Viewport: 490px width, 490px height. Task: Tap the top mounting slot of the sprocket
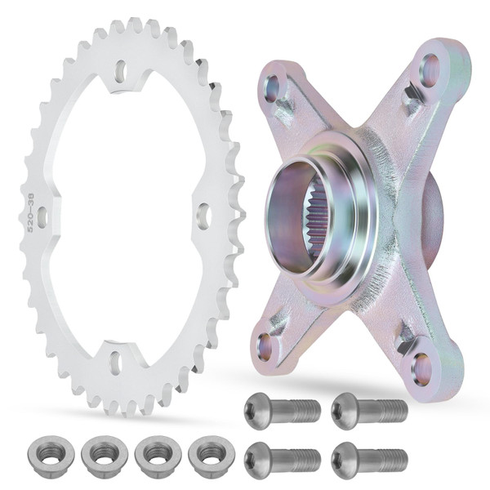tap(121, 72)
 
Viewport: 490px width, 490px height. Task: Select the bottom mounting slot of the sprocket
tap(115, 360)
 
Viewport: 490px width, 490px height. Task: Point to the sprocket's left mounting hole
tap(42, 217)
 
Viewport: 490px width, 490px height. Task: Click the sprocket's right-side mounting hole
tap(203, 216)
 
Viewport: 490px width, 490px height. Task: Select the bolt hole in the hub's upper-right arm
tap(430, 71)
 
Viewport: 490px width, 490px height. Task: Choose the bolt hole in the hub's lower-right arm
tap(422, 370)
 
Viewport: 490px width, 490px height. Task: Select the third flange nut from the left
tap(155, 452)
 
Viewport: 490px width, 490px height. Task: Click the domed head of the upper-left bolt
tap(256, 408)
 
